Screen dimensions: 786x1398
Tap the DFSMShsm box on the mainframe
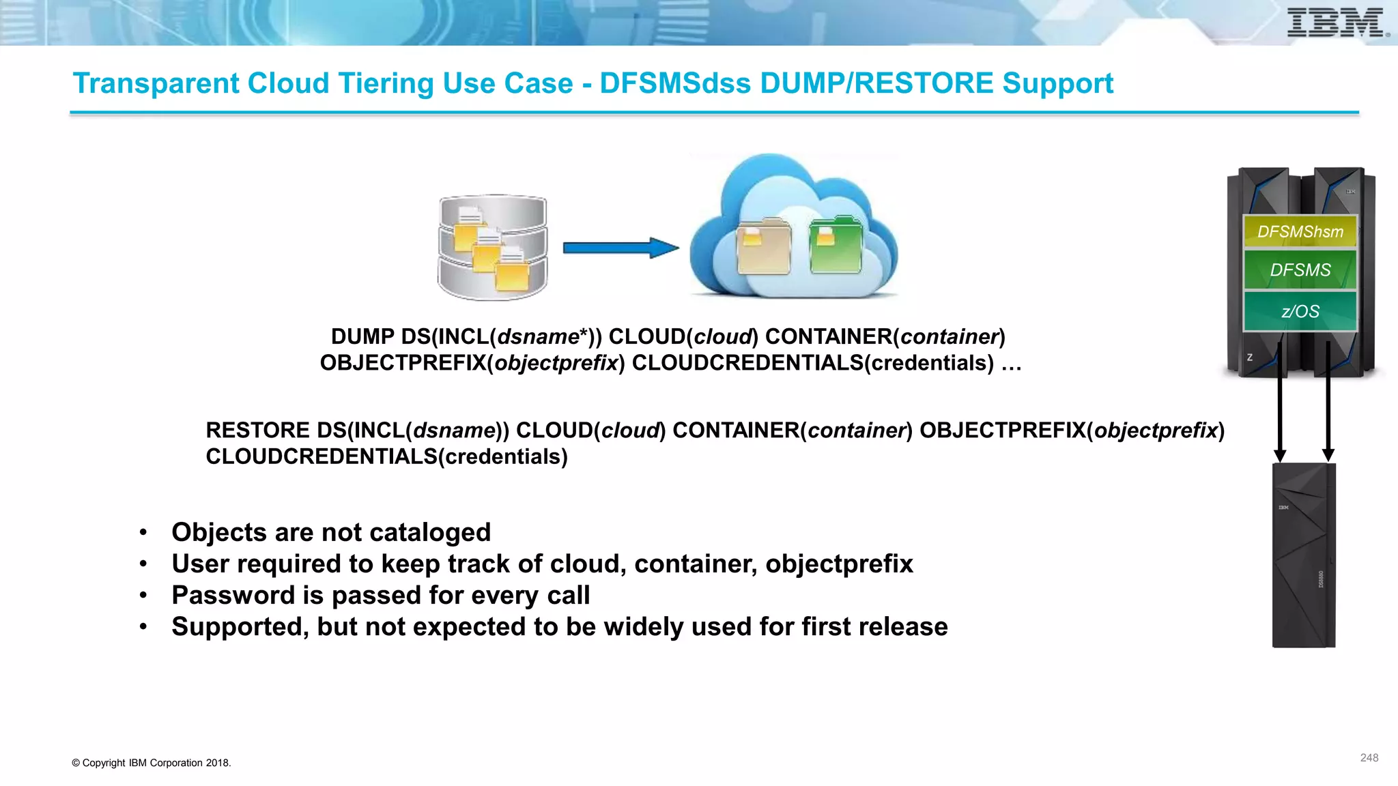pos(1300,232)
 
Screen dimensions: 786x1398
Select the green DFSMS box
pos(1300,270)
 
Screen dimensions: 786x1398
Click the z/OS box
pos(1300,311)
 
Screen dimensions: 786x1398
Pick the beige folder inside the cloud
pos(763,247)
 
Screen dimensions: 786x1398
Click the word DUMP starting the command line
pos(362,337)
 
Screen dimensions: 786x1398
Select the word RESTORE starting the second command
pos(258,431)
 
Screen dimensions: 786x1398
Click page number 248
pos(1369,758)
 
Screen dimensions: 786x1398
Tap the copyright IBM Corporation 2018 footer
pos(152,763)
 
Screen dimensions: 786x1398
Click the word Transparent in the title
pos(156,83)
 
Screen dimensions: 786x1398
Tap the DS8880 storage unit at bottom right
pos(1303,555)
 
